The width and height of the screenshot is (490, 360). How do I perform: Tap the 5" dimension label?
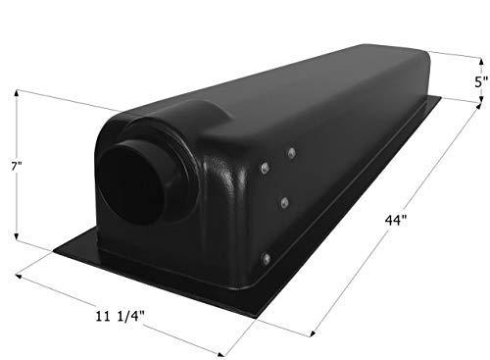pos(478,84)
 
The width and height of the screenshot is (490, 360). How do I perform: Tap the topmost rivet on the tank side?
pos(291,152)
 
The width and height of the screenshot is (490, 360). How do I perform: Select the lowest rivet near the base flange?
pos(266,258)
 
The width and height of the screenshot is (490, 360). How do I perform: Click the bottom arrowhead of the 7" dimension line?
pos(17,247)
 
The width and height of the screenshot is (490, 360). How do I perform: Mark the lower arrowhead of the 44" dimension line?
pos(311,336)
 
